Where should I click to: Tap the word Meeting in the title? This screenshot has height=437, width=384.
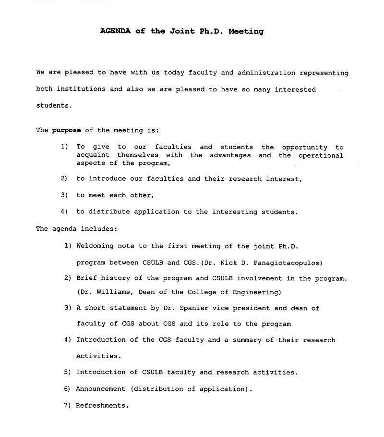(246, 31)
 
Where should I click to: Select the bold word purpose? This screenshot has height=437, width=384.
(66, 130)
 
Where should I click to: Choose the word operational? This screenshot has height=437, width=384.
(321, 155)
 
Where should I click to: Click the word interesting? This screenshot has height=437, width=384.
(231, 212)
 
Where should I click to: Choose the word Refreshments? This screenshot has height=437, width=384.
(102, 406)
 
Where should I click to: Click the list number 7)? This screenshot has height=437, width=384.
(68, 406)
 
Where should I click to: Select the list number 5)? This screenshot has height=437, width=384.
(68, 373)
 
